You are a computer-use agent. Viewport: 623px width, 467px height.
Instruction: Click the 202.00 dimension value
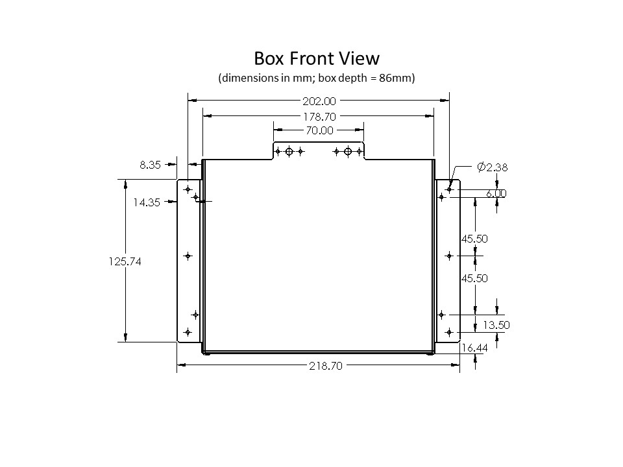319,101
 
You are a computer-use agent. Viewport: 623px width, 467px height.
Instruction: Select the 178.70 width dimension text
319,116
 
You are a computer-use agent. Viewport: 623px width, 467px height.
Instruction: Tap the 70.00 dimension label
319,130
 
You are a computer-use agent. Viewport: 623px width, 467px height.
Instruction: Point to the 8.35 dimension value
150,165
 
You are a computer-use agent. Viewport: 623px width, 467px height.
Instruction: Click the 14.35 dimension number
147,202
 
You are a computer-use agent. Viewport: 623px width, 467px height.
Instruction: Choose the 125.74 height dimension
126,261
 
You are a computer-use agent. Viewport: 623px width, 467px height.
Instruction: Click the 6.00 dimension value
496,193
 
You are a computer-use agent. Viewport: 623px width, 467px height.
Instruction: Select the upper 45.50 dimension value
474,239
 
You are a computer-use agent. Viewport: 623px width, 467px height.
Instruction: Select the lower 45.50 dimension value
474,278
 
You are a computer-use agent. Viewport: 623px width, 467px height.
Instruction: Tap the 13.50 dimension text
496,326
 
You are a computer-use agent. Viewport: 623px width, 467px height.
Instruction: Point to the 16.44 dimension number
474,348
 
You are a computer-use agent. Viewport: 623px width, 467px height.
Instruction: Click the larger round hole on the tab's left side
289,152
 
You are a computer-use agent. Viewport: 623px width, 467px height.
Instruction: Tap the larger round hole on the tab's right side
348,152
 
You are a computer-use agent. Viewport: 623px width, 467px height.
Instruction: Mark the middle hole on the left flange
188,256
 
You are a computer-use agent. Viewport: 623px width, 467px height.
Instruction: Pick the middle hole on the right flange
449,256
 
